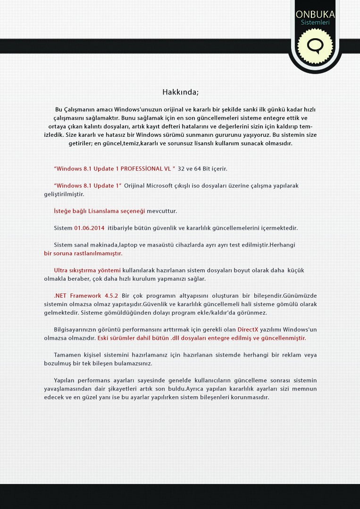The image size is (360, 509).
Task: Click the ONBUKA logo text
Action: tap(315, 14)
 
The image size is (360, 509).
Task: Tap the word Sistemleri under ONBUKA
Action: tap(315, 22)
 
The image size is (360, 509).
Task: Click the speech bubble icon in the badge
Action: tap(315, 46)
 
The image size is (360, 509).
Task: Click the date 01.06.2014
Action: tap(89, 228)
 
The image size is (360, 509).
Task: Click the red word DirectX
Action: tap(248, 330)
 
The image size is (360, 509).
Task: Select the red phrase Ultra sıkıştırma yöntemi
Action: tap(87, 270)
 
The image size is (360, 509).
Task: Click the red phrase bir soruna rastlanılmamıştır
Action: tap(83, 253)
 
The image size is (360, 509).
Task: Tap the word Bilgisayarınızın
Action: tap(75, 330)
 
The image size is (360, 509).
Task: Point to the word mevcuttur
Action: tap(162, 211)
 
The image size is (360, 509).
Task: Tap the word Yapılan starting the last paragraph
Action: tap(65, 380)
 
